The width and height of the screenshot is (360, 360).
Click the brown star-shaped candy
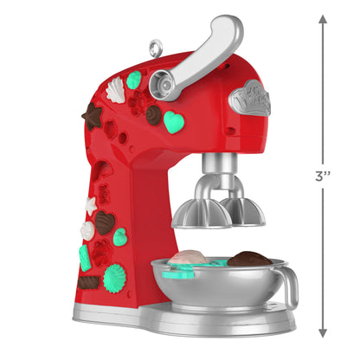(91, 116)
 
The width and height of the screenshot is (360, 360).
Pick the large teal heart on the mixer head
(176, 122)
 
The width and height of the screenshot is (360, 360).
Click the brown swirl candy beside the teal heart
(154, 115)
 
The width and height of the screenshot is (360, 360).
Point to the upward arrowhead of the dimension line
(322, 18)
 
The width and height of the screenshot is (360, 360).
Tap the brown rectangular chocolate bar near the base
(89, 281)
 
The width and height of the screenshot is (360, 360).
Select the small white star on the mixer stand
(90, 205)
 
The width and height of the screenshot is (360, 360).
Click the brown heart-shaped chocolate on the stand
(104, 222)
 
